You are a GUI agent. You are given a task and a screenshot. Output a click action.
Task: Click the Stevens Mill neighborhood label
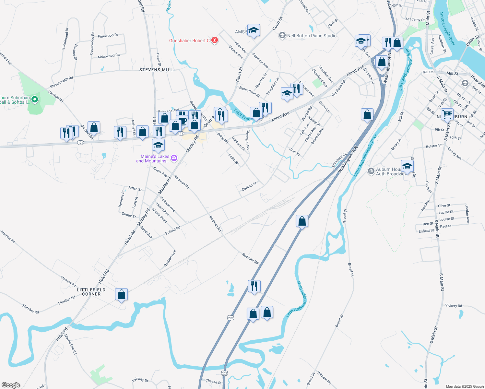coord(156,70)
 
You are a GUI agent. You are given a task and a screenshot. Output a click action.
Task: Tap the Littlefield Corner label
coord(91,292)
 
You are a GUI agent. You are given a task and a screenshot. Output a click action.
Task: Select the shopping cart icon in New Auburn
coord(447,114)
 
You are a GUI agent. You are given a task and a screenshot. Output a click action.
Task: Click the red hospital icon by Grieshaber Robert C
coord(214,40)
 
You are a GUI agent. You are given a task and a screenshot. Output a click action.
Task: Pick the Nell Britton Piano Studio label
coord(312,36)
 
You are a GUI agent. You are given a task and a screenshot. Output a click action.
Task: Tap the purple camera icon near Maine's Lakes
coord(174,158)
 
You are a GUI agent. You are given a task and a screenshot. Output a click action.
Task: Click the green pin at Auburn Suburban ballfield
coord(35,100)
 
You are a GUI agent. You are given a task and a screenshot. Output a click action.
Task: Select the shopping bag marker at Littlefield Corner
coord(121,294)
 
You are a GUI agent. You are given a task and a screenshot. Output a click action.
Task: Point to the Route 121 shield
coord(81,143)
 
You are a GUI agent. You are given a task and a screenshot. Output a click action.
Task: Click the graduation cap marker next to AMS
coord(253,30)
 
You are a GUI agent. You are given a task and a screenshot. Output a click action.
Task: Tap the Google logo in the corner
coord(11,385)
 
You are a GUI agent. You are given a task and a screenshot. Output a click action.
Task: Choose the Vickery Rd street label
coord(454,305)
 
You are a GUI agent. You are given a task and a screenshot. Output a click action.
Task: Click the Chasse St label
coord(213,382)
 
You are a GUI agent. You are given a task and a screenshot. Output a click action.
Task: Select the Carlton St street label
coord(249,186)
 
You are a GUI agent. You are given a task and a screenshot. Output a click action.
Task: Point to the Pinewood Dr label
coord(108,36)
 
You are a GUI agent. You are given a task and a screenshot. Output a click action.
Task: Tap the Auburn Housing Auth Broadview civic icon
coord(371,171)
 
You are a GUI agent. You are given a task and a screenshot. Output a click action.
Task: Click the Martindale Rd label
coord(70,344)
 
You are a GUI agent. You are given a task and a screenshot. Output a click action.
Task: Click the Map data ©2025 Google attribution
coord(465,386)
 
